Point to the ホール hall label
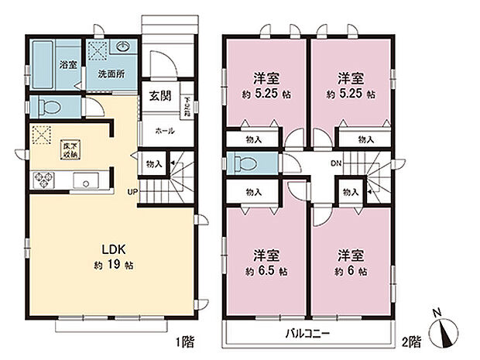(163, 130)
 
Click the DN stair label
(336, 163)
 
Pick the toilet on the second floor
(244, 164)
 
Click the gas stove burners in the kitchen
(40, 182)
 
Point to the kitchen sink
(84, 183)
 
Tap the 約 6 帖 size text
(351, 272)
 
